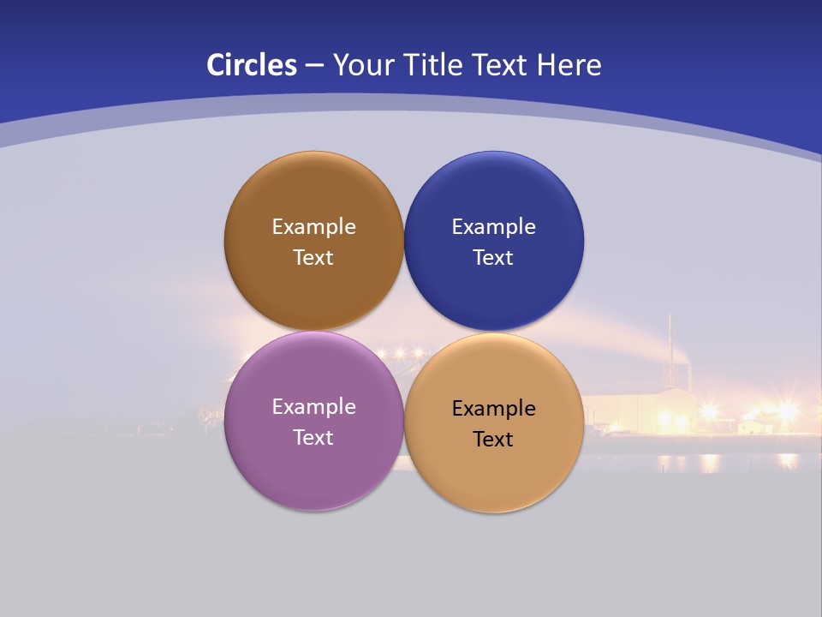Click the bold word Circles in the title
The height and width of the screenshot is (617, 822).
tap(251, 65)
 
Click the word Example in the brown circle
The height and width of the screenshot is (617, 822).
tap(313, 227)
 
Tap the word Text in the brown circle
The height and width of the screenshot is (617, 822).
tap(313, 258)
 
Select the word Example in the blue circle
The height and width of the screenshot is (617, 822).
tap(493, 227)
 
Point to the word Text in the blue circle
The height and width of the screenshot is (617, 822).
tap(493, 258)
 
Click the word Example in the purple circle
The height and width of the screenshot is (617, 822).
tap(313, 407)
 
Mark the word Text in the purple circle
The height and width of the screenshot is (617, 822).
tap(313, 438)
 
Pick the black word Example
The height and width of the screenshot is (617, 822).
tap(493, 409)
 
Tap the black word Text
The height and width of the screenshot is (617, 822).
tap(493, 440)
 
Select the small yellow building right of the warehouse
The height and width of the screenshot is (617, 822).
tap(753, 423)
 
